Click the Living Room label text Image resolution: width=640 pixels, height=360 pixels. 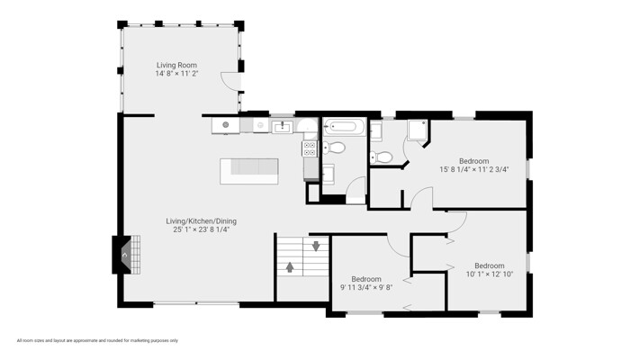pos(176,65)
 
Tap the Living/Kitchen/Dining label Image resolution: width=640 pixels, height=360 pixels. pos(202,220)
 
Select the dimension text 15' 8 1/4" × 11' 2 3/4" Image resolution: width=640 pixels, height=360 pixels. pos(473,169)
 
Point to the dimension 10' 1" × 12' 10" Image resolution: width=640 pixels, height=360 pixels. pos(490,274)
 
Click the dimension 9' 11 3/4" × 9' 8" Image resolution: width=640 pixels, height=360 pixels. pos(366,287)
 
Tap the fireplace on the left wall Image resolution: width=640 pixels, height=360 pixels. pos(127,255)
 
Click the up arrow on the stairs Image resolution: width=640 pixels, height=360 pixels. pos(290,267)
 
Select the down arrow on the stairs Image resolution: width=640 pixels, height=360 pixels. pos(316,246)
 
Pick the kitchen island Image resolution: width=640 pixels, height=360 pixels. pos(249,171)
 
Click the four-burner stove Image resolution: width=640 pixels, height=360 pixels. pos(310,148)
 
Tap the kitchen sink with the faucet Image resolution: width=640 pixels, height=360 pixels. pos(282,127)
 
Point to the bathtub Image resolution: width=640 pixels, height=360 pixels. pos(343,127)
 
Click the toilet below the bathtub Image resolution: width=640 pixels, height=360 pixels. pos(335,148)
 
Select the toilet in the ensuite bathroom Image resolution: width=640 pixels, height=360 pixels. pos(382,157)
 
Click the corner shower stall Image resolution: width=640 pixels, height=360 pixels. pos(418,130)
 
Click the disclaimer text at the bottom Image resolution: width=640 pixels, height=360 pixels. pos(97,340)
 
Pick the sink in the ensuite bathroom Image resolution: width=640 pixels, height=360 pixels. pos(376,131)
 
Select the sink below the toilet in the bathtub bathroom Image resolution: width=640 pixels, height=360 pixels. pos(329,175)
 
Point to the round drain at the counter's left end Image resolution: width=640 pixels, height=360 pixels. pos(225,125)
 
